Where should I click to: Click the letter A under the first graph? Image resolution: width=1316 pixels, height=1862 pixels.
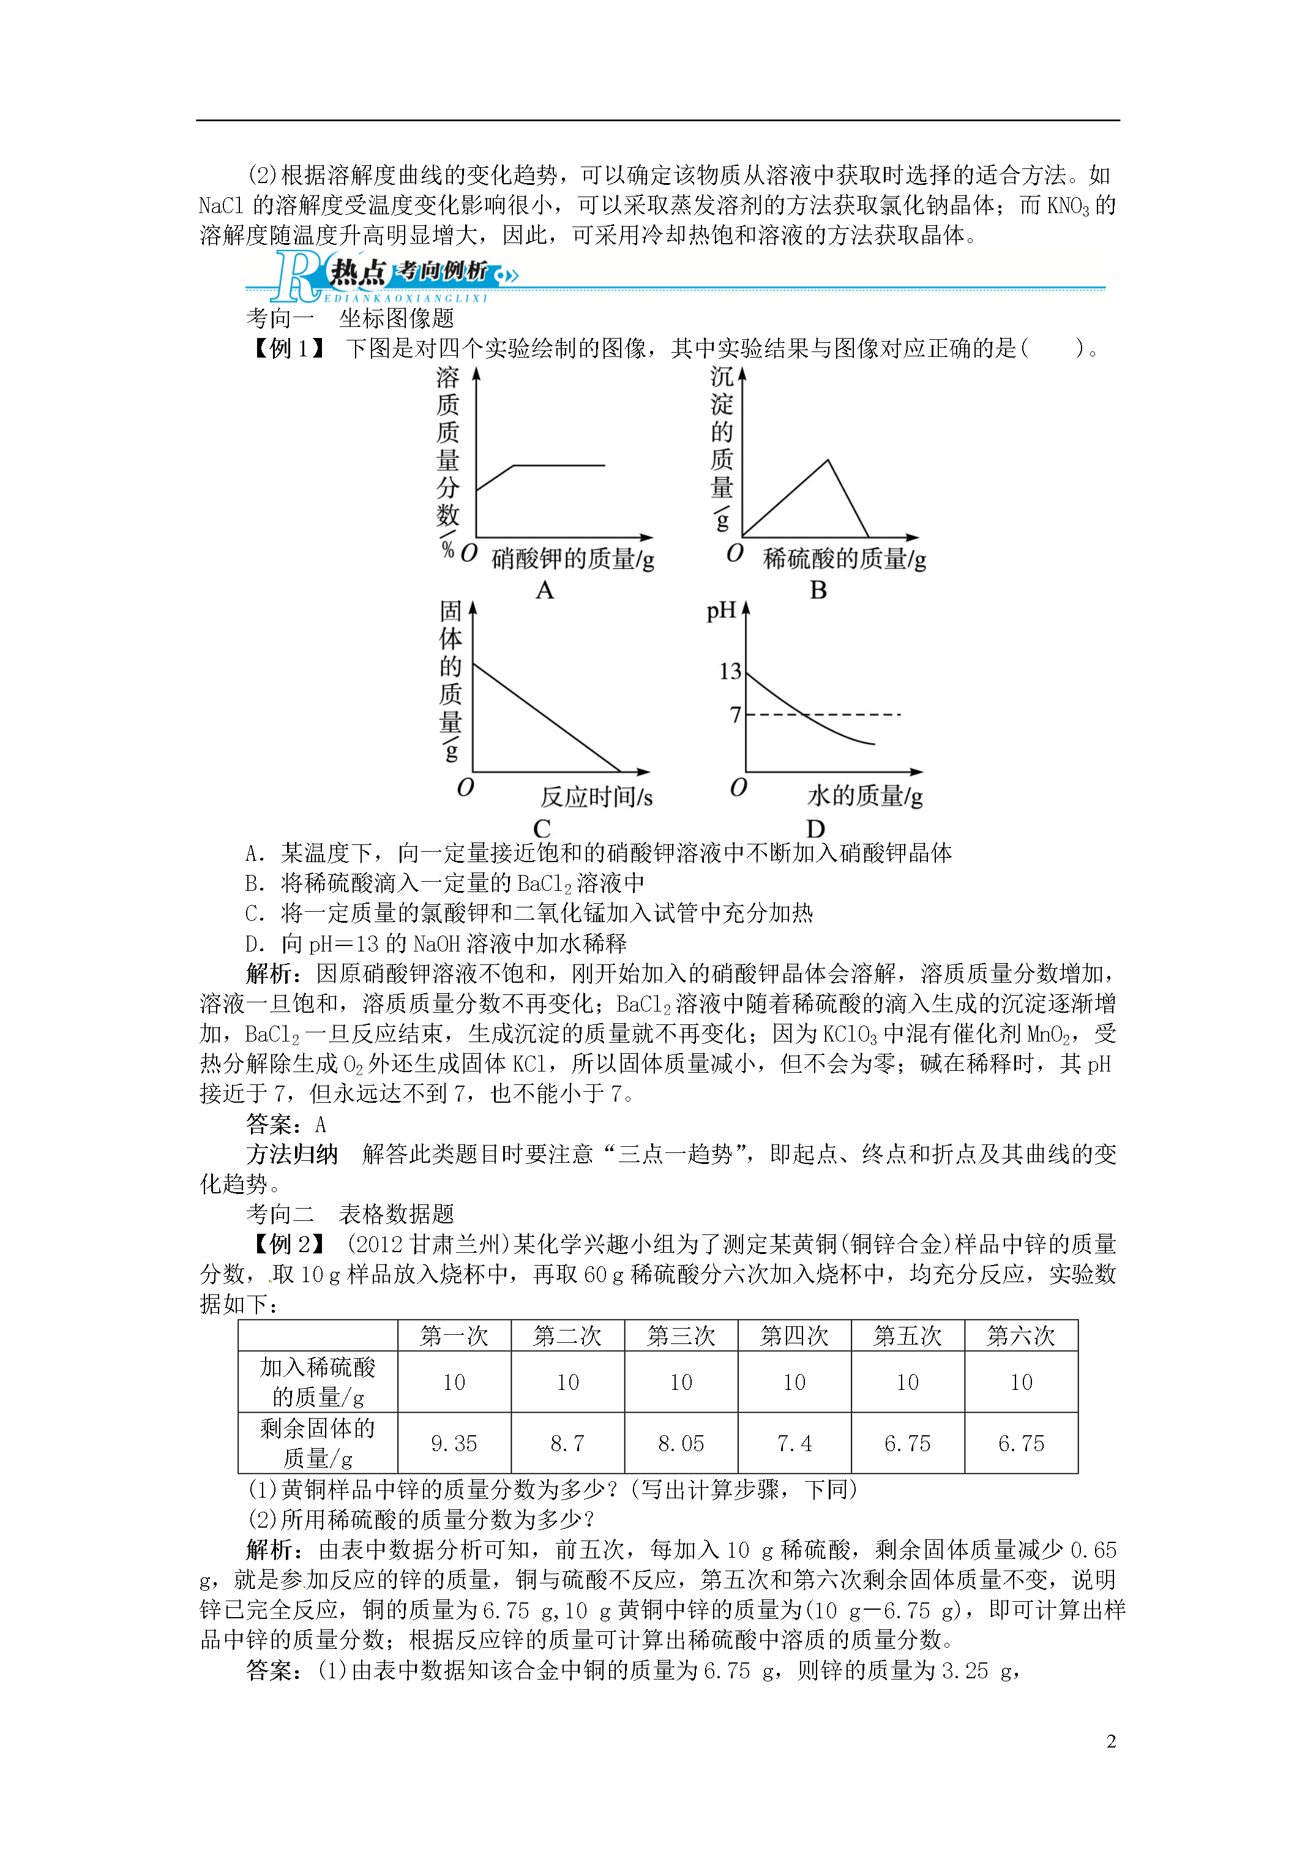point(544,590)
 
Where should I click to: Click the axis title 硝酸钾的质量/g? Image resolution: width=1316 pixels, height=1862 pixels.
point(572,559)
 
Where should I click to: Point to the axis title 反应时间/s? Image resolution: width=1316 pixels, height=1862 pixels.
point(596,797)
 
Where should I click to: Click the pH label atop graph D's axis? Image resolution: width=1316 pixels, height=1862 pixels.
point(721,610)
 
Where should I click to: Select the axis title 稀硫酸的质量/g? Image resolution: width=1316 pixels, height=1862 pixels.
point(844,559)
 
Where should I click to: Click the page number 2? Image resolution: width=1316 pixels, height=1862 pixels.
point(1111,1741)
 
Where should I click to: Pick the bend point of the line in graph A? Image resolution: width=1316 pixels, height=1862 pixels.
point(514,465)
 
